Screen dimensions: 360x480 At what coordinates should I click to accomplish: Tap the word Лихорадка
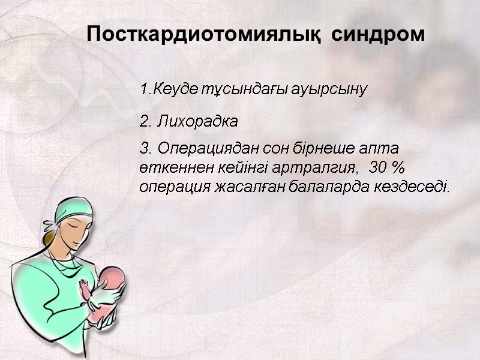pos(197,122)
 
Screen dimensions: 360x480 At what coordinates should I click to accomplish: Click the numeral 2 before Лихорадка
pos(143,122)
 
